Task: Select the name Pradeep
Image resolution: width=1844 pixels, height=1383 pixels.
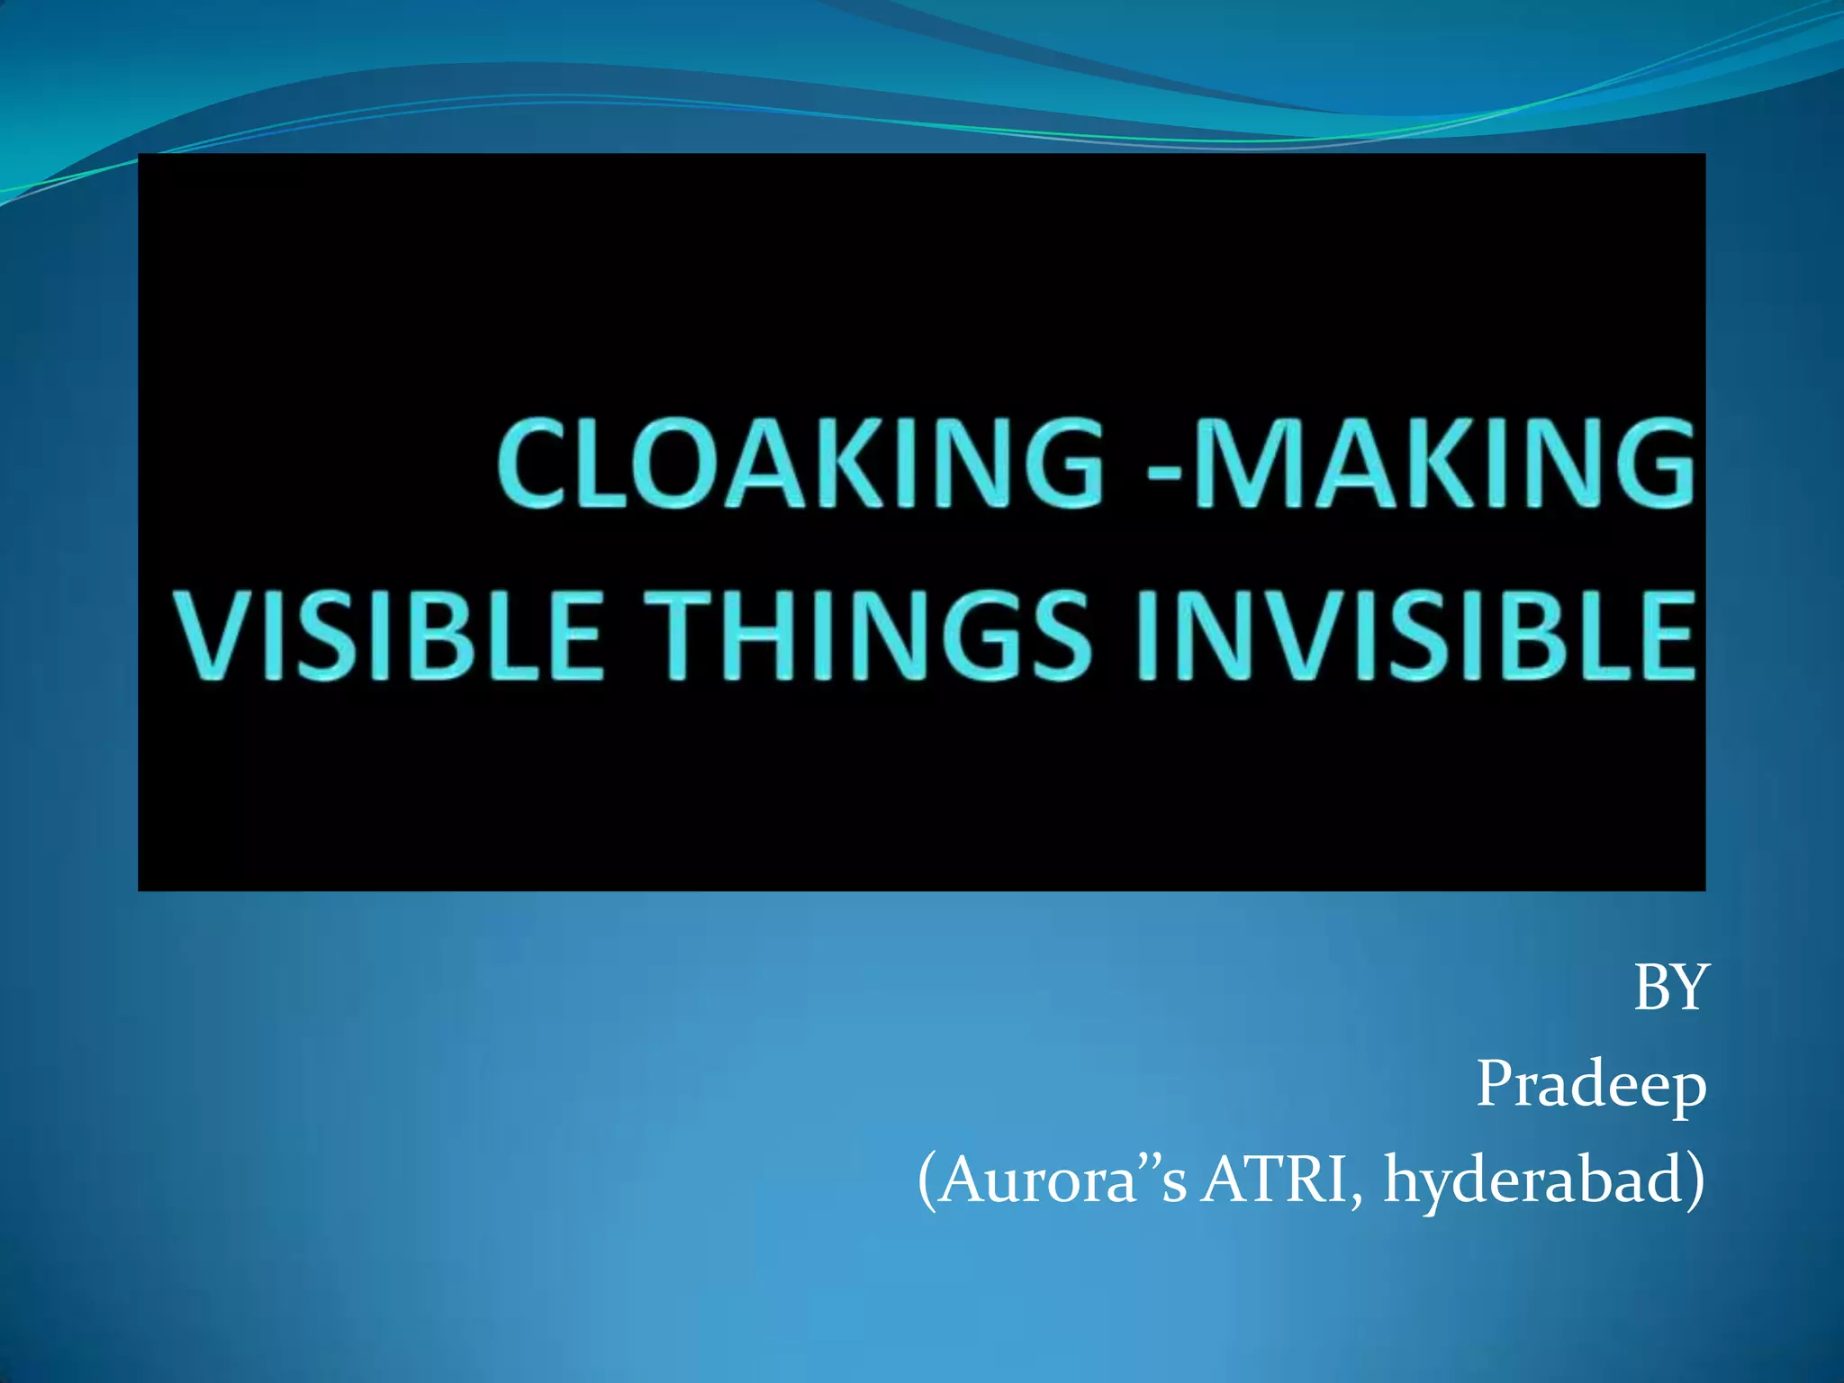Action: (1591, 1084)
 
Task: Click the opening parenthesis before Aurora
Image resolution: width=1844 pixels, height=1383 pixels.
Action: (928, 1181)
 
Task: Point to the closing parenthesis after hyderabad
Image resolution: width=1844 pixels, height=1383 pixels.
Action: (1694, 1181)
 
